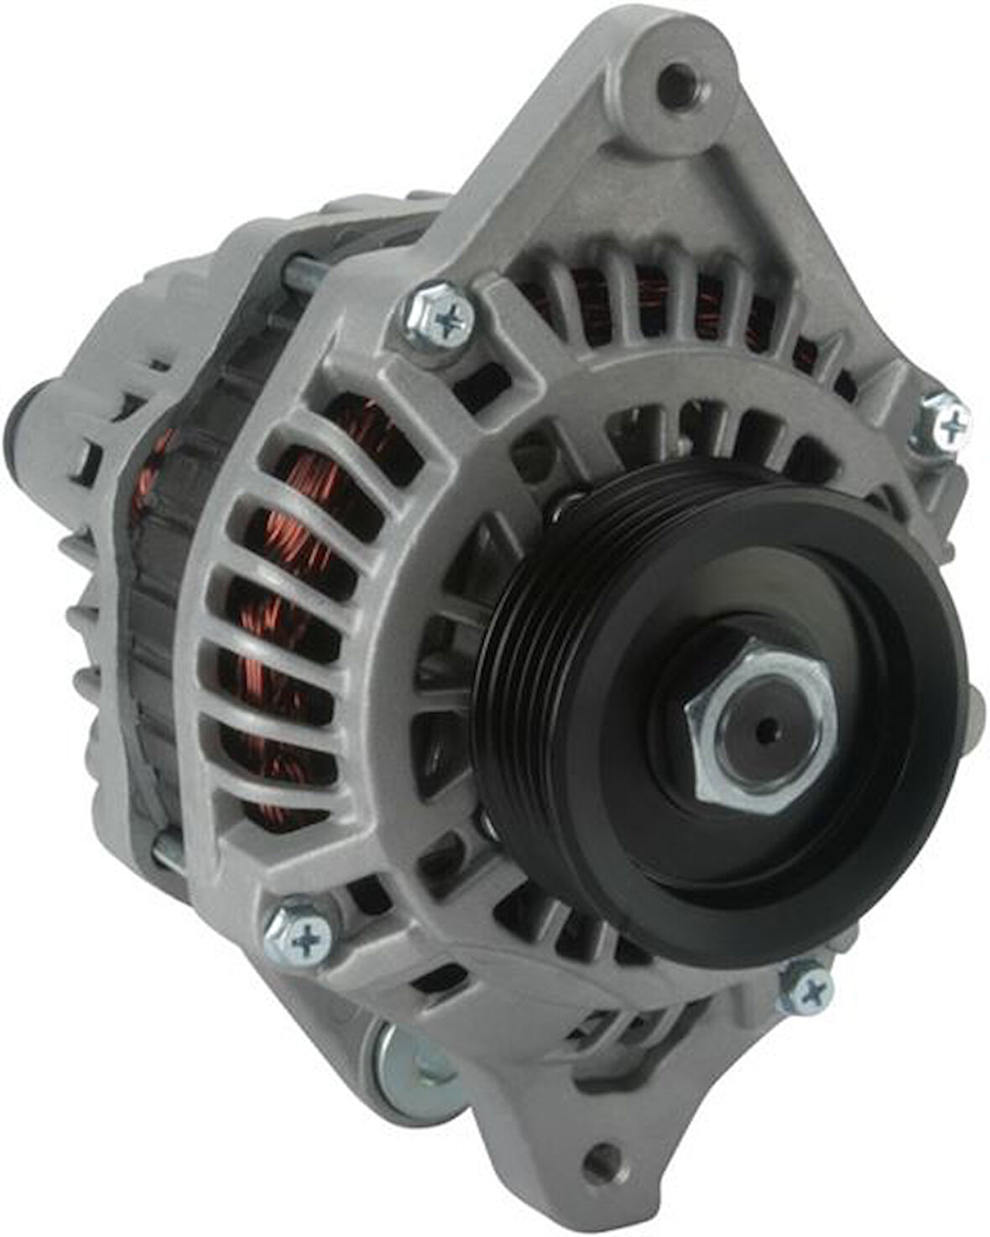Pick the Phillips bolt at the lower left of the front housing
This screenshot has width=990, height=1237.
(302, 939)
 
